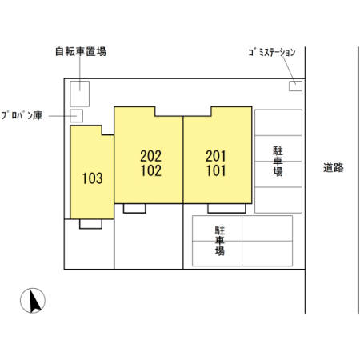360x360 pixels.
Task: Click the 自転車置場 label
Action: pos(80,51)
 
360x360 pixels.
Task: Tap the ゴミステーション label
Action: pos(272,52)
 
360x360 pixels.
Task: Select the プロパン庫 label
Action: pos(22,116)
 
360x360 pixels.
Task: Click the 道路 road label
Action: pos(334,168)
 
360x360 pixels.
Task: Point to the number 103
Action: pos(92,178)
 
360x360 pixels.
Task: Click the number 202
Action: pos(150,156)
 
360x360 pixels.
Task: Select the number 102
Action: pos(150,170)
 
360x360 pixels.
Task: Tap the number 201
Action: pos(216,156)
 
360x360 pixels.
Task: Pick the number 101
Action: pos(216,170)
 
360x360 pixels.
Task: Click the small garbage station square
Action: pos(295,86)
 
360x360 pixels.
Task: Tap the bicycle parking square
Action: pos(81,94)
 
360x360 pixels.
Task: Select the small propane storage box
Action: pos(78,116)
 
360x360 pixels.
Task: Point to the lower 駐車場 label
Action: pos(218,240)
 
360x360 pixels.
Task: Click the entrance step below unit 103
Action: pos(90,224)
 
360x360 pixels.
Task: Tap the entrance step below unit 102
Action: pos(134,208)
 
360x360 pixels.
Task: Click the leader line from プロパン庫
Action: pos(59,116)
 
